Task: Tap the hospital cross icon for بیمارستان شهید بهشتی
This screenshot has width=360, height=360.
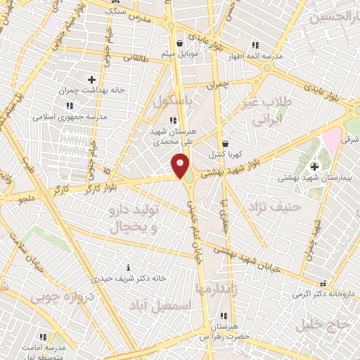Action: point(314,166)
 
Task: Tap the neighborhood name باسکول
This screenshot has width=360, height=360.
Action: point(174,102)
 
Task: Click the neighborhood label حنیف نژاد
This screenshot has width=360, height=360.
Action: point(279,207)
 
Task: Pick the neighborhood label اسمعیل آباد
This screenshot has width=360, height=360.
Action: point(160,305)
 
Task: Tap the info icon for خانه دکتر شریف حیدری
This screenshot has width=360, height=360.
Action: point(127,267)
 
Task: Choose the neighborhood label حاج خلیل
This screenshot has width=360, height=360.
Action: point(333,323)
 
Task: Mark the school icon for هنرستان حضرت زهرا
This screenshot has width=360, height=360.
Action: point(224,316)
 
